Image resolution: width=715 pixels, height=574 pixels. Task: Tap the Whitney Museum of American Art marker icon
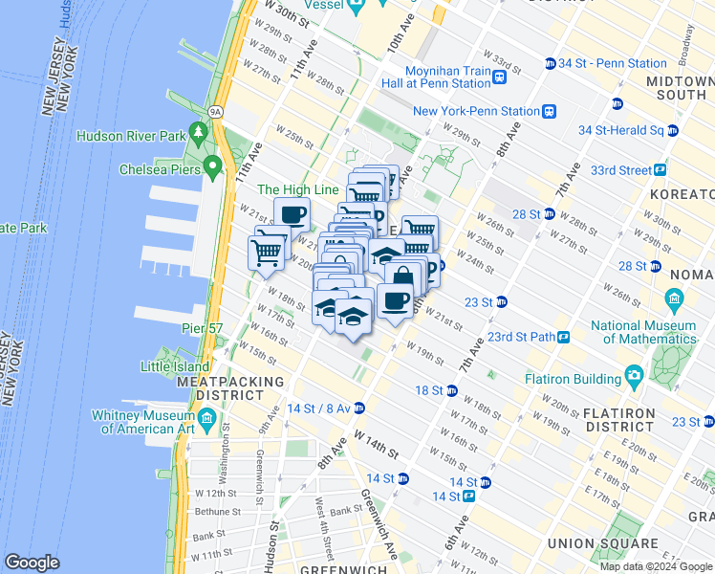[x=206, y=416]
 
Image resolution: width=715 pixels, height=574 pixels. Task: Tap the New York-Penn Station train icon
[x=549, y=111]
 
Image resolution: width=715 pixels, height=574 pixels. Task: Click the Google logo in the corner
[x=33, y=563]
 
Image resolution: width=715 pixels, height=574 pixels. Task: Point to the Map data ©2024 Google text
[x=656, y=566]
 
